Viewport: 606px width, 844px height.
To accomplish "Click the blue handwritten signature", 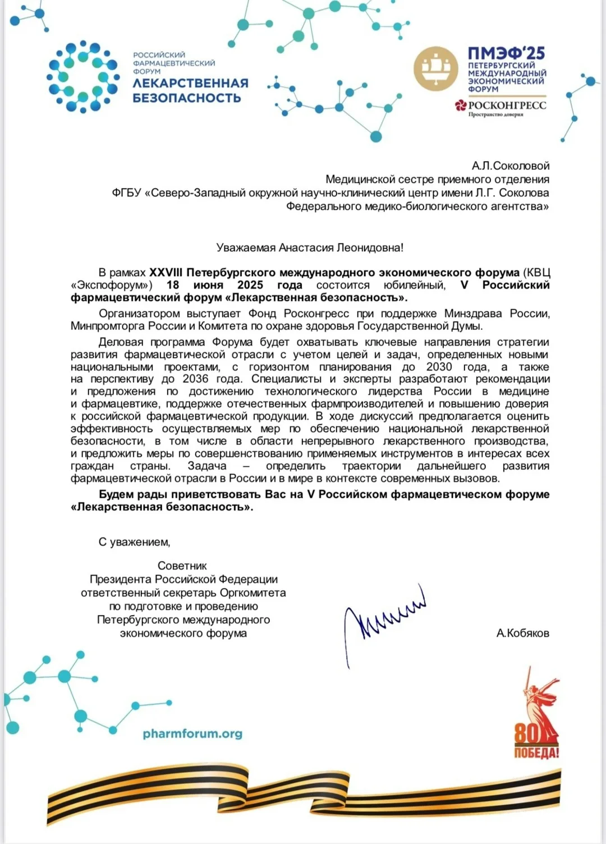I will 384,621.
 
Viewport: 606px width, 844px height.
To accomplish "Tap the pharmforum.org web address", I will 192,733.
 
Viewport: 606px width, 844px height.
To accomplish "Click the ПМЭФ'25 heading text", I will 506,53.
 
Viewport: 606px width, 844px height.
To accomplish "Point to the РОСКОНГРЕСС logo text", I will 507,105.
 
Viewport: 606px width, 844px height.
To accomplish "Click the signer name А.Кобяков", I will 522,633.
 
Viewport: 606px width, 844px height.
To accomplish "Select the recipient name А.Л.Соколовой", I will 511,166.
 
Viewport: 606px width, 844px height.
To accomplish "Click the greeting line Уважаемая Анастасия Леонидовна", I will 310,247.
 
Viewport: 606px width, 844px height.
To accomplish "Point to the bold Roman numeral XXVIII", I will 166,273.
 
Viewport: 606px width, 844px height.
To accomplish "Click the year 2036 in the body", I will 195,379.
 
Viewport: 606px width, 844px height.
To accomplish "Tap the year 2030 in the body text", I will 439,366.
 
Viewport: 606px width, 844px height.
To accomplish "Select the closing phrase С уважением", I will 135,542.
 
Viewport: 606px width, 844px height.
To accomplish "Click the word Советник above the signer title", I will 182,566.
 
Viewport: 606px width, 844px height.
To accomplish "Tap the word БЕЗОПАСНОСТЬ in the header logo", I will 187,98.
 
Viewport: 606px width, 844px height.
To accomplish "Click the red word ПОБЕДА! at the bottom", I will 536,753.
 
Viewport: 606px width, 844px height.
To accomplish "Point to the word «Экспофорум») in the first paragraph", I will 112,285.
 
